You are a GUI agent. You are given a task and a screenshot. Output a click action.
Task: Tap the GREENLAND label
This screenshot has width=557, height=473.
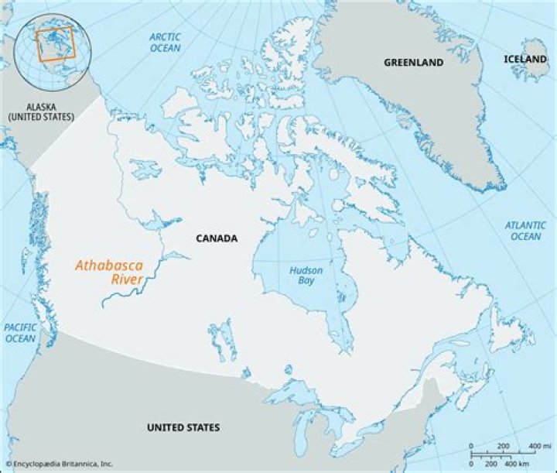pos(413,62)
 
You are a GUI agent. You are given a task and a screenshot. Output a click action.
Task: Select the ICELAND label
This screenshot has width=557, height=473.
pos(525,59)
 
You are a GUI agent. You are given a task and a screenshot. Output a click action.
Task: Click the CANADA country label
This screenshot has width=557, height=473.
pos(217,238)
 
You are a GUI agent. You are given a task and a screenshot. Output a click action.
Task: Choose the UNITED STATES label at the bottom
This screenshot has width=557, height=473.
pos(183,427)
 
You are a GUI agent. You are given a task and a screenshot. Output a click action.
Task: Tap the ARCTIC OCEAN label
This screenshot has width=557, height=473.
pos(164,43)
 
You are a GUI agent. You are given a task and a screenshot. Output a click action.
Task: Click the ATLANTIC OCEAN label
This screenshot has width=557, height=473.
pos(525,230)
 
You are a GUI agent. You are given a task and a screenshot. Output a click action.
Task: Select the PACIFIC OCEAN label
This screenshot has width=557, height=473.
pos(20,333)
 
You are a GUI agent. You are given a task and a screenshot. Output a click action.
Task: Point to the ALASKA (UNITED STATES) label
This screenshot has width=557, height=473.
pos(40,111)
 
